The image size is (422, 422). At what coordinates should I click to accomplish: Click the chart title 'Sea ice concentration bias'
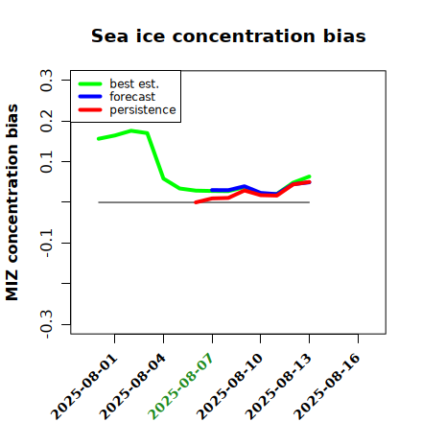click(x=228, y=35)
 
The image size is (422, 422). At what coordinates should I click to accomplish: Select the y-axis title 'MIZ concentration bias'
click(x=12, y=202)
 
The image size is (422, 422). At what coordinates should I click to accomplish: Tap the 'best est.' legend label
click(x=134, y=83)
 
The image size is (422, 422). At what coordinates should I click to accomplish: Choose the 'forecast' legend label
click(x=132, y=97)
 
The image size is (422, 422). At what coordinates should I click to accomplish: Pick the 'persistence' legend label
click(x=143, y=110)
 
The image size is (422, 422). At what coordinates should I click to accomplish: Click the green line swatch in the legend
click(x=90, y=83)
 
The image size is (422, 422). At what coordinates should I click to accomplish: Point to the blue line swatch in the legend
click(x=90, y=97)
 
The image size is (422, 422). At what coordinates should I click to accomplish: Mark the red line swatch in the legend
click(x=90, y=110)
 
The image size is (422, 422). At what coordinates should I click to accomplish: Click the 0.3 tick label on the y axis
click(x=46, y=81)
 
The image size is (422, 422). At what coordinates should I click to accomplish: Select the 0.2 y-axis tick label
click(x=46, y=121)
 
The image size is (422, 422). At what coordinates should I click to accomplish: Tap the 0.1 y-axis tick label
click(x=46, y=162)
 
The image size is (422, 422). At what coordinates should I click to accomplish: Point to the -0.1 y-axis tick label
click(x=46, y=244)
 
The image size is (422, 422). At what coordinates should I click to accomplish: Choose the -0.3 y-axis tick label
click(x=46, y=324)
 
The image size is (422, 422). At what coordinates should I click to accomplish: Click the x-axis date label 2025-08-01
click(x=84, y=387)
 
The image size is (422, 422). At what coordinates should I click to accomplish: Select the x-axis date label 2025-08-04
click(x=133, y=387)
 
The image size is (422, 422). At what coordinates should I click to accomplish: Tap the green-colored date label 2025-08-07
click(x=181, y=387)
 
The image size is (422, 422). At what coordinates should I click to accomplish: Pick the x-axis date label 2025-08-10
click(x=230, y=387)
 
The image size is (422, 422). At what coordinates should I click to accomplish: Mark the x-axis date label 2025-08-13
click(x=279, y=387)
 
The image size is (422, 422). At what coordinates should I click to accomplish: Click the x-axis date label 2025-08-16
click(x=327, y=387)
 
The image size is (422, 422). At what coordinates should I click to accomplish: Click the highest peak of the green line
click(x=131, y=130)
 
